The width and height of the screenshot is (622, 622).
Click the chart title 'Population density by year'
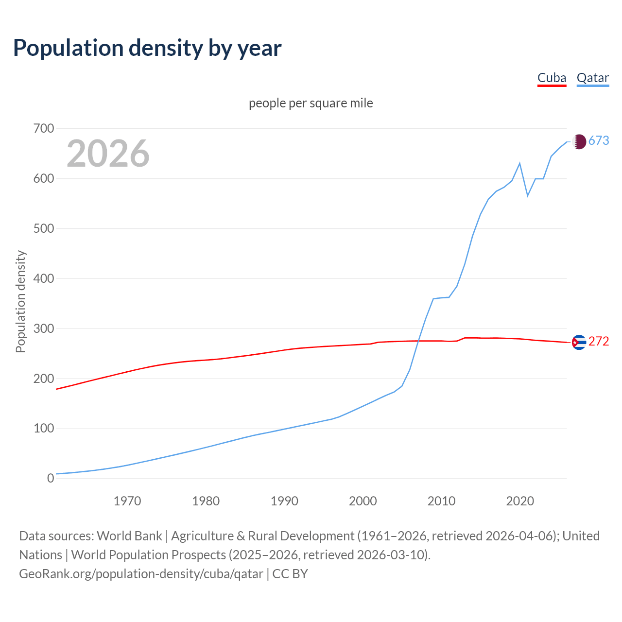coord(147,48)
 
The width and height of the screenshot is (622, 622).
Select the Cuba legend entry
coord(552,78)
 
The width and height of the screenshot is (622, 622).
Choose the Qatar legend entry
coord(592,78)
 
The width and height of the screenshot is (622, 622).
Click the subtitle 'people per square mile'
coord(311,104)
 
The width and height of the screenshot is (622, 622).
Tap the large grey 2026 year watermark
coord(108,154)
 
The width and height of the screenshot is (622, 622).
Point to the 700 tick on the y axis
coord(44,129)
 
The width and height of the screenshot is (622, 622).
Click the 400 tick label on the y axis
coord(44,279)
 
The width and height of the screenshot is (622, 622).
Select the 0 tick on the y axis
coord(51,479)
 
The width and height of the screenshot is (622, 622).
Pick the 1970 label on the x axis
coord(127,501)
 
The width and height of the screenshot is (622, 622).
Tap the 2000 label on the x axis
coord(363,501)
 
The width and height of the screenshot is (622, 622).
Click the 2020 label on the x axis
coord(520,501)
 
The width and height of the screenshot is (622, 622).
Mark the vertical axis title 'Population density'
coord(20,301)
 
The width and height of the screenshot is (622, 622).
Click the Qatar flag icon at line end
coord(579,141)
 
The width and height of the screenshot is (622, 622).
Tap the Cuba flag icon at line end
coord(579,343)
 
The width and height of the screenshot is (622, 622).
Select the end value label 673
coord(599,141)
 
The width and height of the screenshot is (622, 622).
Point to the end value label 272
coord(599,342)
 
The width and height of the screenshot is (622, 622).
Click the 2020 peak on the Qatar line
coord(520,163)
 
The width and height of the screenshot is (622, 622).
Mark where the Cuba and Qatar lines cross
coord(418,341)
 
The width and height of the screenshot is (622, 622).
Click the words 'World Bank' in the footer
coord(129,536)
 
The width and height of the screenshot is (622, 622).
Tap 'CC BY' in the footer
coord(290,574)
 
